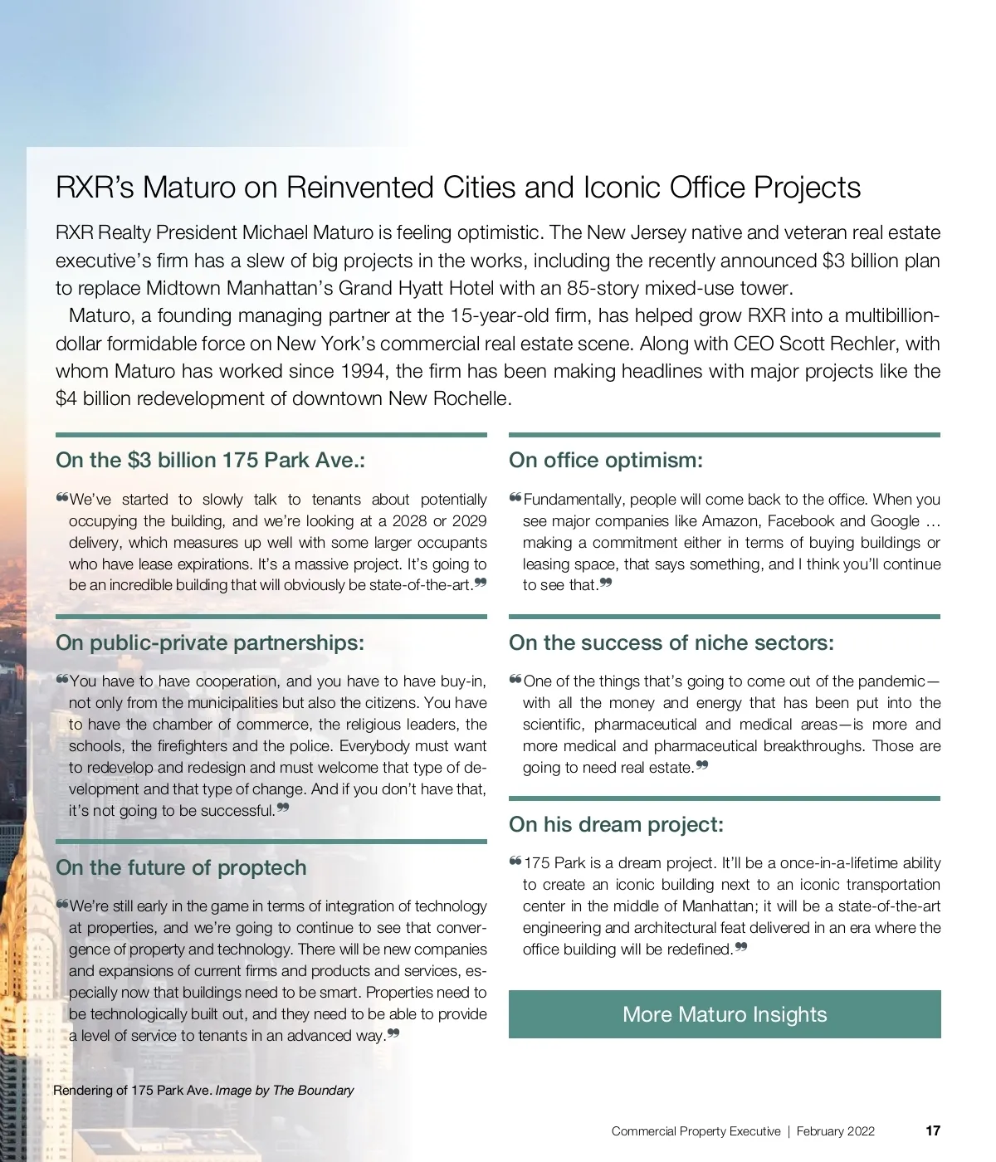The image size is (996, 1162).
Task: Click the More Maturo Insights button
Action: (725, 1014)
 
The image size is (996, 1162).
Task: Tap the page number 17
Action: (933, 1130)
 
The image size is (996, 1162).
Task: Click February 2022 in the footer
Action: (835, 1131)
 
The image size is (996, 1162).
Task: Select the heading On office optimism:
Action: (606, 461)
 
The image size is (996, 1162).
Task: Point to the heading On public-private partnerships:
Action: (210, 643)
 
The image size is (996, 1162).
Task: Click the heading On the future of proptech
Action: (181, 868)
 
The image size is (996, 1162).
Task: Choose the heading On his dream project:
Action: (616, 825)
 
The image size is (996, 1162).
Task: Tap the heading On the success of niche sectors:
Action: (671, 643)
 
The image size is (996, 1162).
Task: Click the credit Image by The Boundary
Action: (285, 1090)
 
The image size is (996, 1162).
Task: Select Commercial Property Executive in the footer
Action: (696, 1131)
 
